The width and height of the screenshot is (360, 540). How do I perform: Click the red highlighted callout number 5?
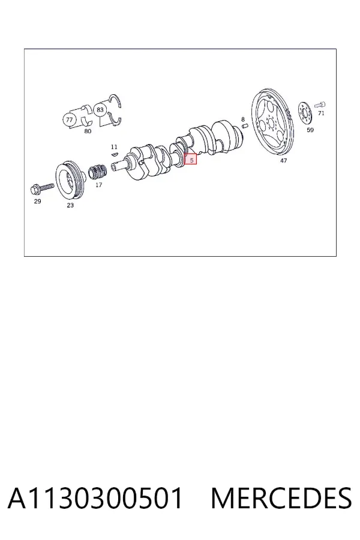(191, 159)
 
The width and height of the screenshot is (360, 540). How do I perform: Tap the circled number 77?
(69, 120)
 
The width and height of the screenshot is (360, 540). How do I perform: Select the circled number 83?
(100, 110)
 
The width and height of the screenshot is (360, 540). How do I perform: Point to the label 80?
(88, 131)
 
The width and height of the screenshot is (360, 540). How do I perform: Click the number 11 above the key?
(114, 147)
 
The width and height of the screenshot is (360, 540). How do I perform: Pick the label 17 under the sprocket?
(98, 185)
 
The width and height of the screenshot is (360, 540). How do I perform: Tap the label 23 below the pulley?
(70, 205)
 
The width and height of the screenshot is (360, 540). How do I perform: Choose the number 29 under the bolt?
(37, 201)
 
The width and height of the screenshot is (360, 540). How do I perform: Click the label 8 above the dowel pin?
(243, 119)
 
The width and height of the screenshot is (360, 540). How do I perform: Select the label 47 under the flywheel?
(283, 160)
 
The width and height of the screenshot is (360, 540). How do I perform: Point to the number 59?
(310, 130)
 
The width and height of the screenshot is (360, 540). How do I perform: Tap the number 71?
(321, 113)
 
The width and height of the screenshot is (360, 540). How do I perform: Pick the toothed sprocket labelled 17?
(97, 172)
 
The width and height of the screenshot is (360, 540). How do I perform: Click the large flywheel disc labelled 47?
(272, 123)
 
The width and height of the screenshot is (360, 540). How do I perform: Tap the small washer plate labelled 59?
(305, 114)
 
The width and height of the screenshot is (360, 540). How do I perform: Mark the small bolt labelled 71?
(320, 104)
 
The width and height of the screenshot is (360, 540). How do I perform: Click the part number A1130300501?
(95, 499)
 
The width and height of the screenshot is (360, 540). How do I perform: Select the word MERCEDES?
(281, 499)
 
